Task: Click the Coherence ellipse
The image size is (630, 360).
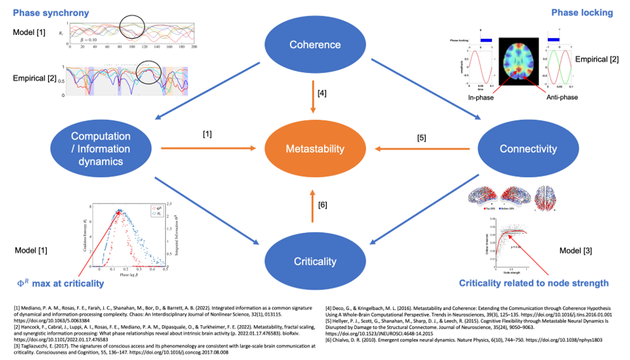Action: (x=314, y=45)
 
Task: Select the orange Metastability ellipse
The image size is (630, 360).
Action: (x=314, y=149)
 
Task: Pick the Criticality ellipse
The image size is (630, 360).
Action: (x=314, y=261)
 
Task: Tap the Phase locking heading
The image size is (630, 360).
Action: (x=581, y=13)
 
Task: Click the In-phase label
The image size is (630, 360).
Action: (x=481, y=98)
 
